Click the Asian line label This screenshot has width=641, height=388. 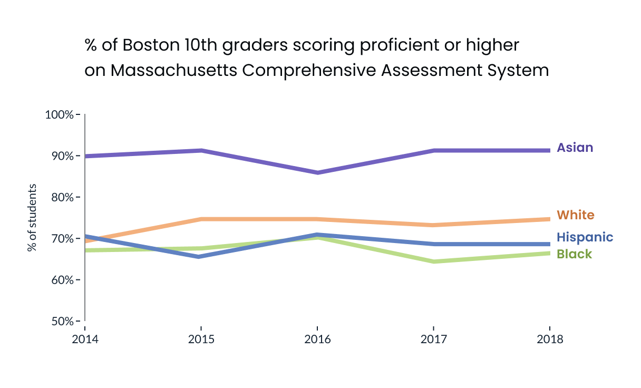tap(575, 148)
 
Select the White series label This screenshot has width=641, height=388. tap(576, 215)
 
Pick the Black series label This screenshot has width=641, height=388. tap(575, 254)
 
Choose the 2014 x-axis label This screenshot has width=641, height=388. tap(85, 339)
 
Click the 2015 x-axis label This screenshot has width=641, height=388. tap(201, 339)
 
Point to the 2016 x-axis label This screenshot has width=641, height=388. tap(317, 339)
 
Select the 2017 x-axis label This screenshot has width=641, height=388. tap(433, 339)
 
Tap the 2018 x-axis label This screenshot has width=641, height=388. tap(550, 339)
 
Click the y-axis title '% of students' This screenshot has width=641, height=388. tap(32, 218)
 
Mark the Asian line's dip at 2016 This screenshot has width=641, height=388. tap(317, 172)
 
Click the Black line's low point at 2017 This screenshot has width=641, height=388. tap(433, 261)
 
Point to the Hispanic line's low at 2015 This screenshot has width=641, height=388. tap(201, 257)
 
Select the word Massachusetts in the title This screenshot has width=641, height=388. tap(174, 70)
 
